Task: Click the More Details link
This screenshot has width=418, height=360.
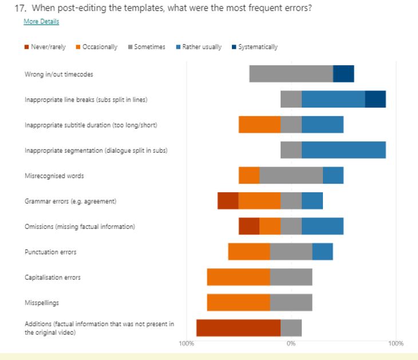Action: pyautogui.click(x=41, y=22)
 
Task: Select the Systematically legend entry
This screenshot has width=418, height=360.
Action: pyautogui.click(x=254, y=47)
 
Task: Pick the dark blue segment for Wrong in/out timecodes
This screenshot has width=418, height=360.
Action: pyautogui.click(x=344, y=74)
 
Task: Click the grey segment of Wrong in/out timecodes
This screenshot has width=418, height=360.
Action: pyautogui.click(x=291, y=74)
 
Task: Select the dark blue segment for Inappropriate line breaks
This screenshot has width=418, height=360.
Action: pyautogui.click(x=375, y=99)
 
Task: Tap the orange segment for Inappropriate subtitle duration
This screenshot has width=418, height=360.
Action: pyautogui.click(x=259, y=124)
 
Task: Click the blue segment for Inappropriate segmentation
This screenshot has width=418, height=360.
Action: pyautogui.click(x=344, y=150)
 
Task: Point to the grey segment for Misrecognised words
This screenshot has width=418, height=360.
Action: pyautogui.click(x=291, y=175)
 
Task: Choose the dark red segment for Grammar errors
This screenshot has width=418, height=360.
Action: pyautogui.click(x=228, y=201)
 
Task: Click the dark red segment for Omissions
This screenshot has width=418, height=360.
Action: pyautogui.click(x=249, y=226)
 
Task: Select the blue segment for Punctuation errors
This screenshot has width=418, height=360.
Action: pyautogui.click(x=322, y=252)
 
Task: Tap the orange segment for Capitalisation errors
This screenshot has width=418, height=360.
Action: pyautogui.click(x=238, y=277)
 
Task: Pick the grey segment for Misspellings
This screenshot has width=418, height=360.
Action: pyautogui.click(x=291, y=302)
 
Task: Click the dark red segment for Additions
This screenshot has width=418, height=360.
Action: pyautogui.click(x=238, y=328)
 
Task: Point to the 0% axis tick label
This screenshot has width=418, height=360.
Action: pyautogui.click(x=291, y=343)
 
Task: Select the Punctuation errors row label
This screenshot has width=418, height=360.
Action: pyautogui.click(x=50, y=252)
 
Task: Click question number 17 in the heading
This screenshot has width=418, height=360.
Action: pyautogui.click(x=18, y=9)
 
